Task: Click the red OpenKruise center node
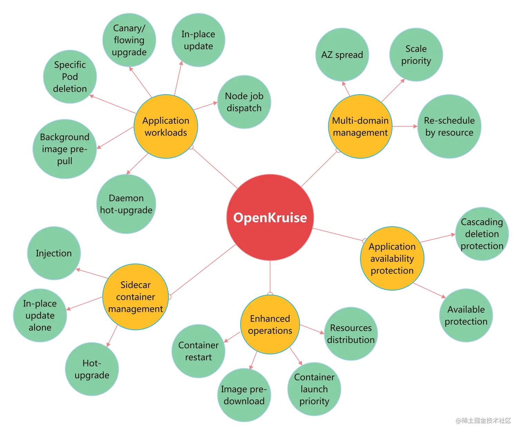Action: click(x=270, y=217)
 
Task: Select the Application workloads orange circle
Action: click(x=166, y=126)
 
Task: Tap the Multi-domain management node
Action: click(x=360, y=126)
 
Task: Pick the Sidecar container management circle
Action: click(x=135, y=297)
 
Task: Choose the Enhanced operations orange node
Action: click(x=270, y=324)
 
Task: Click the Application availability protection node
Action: click(x=392, y=258)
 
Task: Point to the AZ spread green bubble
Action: click(x=342, y=55)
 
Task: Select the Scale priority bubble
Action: click(x=416, y=55)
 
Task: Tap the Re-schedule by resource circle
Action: click(x=449, y=126)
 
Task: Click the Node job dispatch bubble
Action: click(x=244, y=102)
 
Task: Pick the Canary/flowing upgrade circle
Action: click(x=129, y=40)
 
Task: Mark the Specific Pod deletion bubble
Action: click(x=70, y=77)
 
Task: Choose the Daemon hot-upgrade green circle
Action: click(x=126, y=204)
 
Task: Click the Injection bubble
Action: click(x=54, y=253)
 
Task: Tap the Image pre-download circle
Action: click(x=244, y=395)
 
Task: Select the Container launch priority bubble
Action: click(x=314, y=389)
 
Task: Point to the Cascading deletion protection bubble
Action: click(x=482, y=234)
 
